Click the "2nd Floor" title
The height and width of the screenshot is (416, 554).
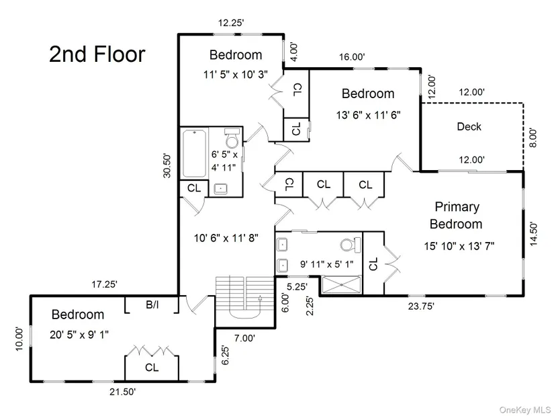click(97, 54)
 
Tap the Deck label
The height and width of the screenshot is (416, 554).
click(469, 126)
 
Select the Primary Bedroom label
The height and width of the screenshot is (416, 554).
click(456, 215)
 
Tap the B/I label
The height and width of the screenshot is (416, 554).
click(152, 304)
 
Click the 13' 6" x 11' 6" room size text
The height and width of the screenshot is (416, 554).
click(368, 114)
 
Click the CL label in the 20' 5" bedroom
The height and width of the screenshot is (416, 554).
click(152, 368)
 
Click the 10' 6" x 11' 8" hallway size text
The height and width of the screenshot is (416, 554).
click(225, 238)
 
